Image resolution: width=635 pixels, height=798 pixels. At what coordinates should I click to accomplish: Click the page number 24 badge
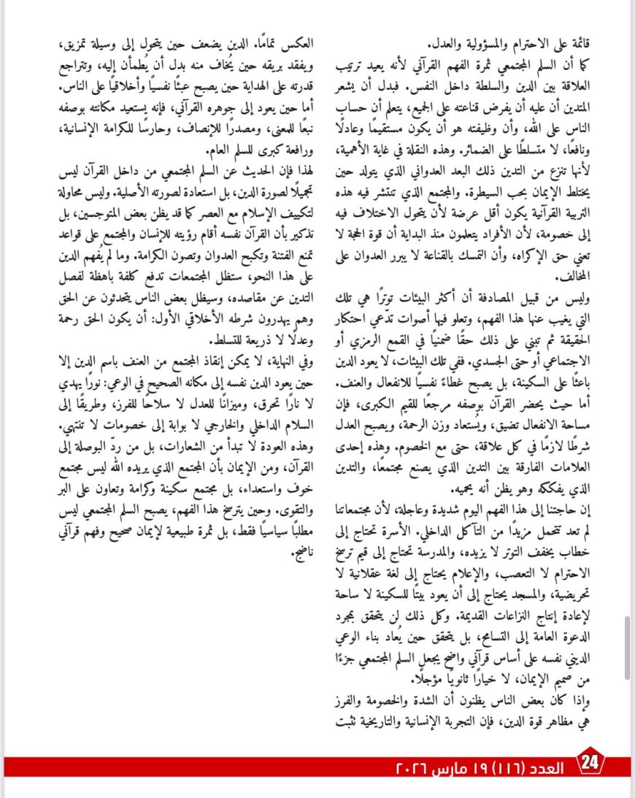click(590, 764)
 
